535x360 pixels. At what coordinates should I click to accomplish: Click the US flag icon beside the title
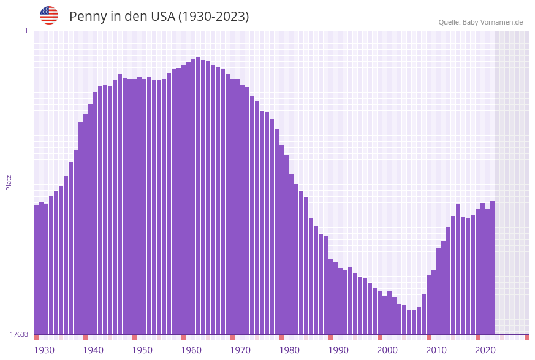tap(49, 15)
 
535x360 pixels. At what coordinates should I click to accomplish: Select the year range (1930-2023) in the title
tap(213, 17)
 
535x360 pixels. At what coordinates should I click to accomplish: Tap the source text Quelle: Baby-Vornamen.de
tap(480, 22)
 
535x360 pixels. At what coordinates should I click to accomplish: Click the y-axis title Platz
tap(9, 182)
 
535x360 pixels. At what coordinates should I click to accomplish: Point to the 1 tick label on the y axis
tap(26, 31)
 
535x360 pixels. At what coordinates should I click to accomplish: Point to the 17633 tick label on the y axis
tap(19, 334)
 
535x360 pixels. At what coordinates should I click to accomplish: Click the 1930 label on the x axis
tap(44, 350)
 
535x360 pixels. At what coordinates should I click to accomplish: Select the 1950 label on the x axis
tap(142, 350)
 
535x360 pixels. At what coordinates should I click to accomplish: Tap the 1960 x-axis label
tap(191, 350)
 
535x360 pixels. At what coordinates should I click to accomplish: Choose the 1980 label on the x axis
tap(289, 350)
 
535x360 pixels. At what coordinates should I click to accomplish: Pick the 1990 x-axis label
tap(338, 350)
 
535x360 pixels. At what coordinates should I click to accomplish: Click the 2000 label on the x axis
tap(387, 350)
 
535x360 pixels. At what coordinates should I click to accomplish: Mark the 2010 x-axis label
tap(436, 350)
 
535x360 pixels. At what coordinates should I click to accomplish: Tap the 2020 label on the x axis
tap(485, 350)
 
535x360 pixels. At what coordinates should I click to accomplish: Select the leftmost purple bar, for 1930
tap(36, 270)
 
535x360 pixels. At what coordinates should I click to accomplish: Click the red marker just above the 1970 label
tap(232, 337)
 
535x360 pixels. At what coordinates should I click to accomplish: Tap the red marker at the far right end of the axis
tap(526, 337)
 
